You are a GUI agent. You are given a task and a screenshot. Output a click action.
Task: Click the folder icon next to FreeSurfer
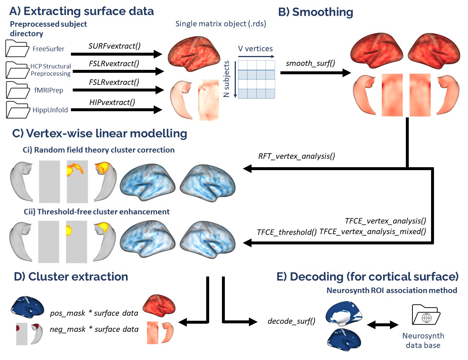coord(17,48)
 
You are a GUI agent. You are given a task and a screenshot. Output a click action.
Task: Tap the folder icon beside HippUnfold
coord(18,110)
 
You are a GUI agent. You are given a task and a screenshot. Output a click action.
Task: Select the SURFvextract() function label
coord(114,46)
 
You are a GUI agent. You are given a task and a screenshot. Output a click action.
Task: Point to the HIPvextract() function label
coord(112,102)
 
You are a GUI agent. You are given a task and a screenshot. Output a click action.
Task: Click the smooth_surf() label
coord(310,63)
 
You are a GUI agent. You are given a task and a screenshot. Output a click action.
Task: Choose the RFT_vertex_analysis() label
coord(297,156)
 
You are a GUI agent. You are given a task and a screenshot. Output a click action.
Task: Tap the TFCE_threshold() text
coord(287,232)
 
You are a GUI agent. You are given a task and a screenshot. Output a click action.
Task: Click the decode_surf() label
coord(291,321)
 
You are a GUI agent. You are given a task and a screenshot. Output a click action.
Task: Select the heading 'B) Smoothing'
coord(316,12)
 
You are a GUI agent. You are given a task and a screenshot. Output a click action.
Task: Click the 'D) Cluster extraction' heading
coord(71,277)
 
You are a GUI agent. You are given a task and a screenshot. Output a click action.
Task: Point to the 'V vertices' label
coord(255,49)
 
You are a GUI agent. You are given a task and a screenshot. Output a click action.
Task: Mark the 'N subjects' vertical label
coord(226,79)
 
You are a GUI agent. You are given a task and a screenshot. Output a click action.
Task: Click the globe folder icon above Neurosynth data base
coord(426,315)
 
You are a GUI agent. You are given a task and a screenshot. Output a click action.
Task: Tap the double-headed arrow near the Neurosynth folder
coord(382,325)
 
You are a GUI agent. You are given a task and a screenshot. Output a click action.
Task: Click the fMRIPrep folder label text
coord(49,90)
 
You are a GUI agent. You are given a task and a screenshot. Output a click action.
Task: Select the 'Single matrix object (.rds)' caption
coord(221,24)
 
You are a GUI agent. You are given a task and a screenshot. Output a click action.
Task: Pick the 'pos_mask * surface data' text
coord(94,313)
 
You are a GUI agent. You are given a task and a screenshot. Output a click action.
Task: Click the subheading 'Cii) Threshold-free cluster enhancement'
coord(97,212)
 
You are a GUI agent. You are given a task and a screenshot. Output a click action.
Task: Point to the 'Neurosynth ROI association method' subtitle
coord(392,290)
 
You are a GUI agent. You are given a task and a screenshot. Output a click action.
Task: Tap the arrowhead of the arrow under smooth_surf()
coord(347,73)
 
